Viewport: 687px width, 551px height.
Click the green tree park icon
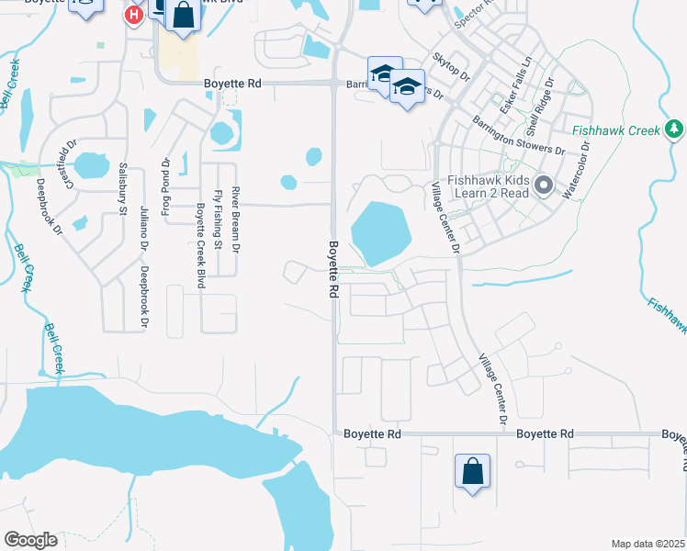(x=675, y=129)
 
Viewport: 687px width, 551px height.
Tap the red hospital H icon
(x=134, y=14)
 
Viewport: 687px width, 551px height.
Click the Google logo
(x=30, y=540)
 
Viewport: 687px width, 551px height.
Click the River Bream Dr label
(x=235, y=219)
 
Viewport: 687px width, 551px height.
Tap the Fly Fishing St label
(x=218, y=219)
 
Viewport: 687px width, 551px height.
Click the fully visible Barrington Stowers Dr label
(x=519, y=136)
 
